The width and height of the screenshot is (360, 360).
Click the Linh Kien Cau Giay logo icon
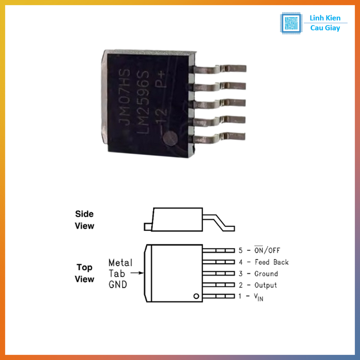[x=291, y=23]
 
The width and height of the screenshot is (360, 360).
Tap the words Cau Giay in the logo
[x=325, y=28]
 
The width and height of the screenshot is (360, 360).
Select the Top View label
[x=84, y=273]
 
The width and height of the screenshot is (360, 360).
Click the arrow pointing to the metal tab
[x=137, y=272]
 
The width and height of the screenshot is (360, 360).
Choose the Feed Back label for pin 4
[x=271, y=262]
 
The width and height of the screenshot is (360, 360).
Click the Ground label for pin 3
[x=266, y=274]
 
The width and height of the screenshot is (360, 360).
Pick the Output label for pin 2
[x=265, y=285]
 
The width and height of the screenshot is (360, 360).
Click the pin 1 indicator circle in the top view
[x=196, y=296]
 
